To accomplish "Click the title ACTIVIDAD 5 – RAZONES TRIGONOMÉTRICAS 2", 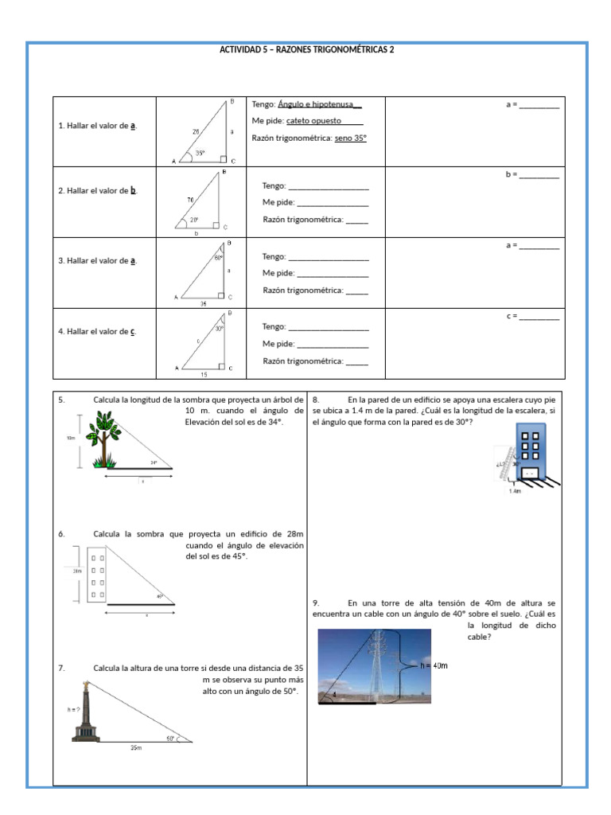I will (x=306, y=49).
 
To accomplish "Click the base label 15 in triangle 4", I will (x=204, y=373).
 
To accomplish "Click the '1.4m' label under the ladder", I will (x=515, y=491).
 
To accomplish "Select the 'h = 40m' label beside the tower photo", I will (x=434, y=665).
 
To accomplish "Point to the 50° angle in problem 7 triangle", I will (x=170, y=738).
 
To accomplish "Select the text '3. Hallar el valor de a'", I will (x=97, y=261).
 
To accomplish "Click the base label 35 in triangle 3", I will (x=203, y=303).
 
